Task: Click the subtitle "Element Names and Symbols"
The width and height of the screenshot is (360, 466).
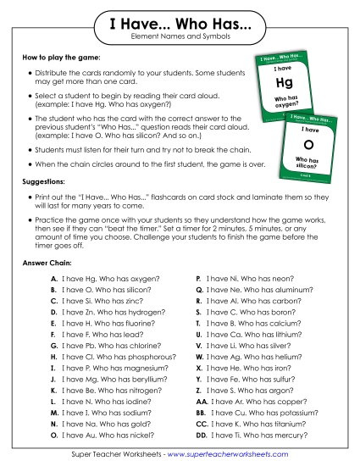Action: coord(180,40)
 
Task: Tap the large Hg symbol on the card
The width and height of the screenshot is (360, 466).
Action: coord(285,83)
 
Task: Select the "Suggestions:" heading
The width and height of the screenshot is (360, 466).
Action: coord(47,183)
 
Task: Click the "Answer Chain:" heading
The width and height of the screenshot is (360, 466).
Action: coord(48,263)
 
